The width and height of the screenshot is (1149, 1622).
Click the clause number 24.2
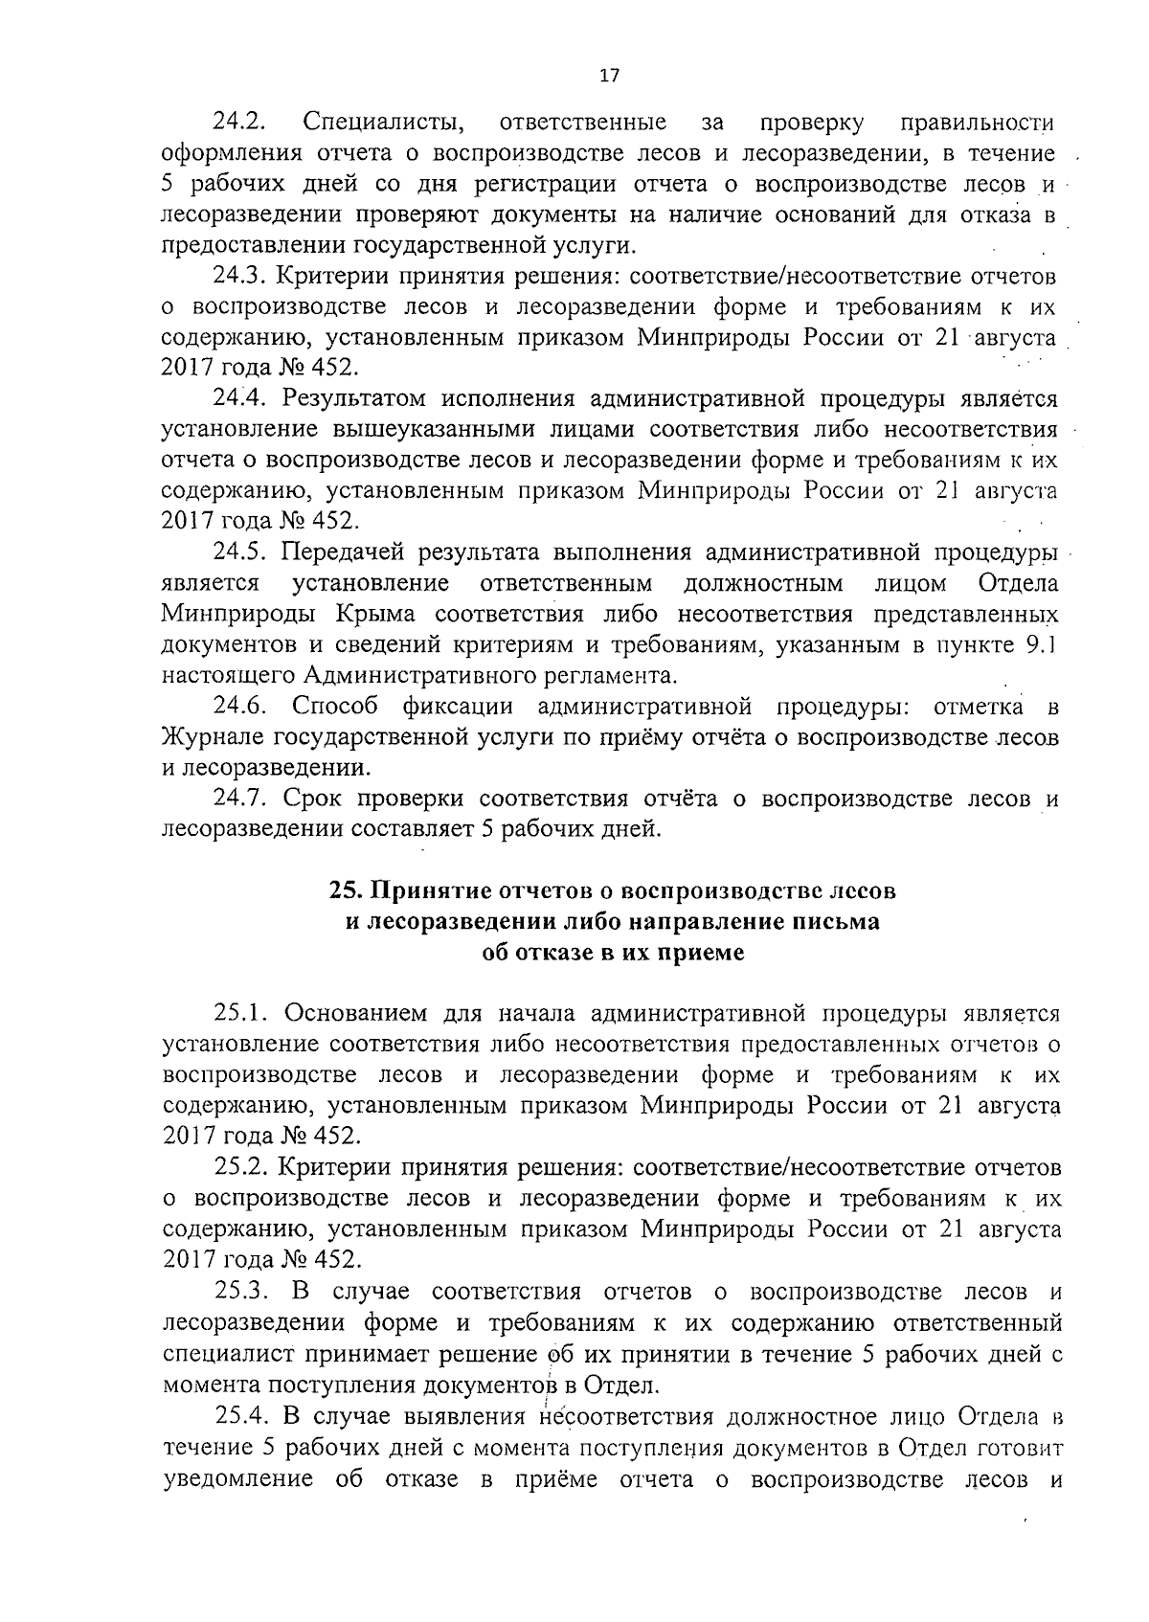click(239, 123)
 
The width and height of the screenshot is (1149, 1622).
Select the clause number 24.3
click(239, 277)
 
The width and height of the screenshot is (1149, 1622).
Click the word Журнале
click(213, 738)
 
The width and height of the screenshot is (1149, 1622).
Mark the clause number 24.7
click(239, 799)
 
